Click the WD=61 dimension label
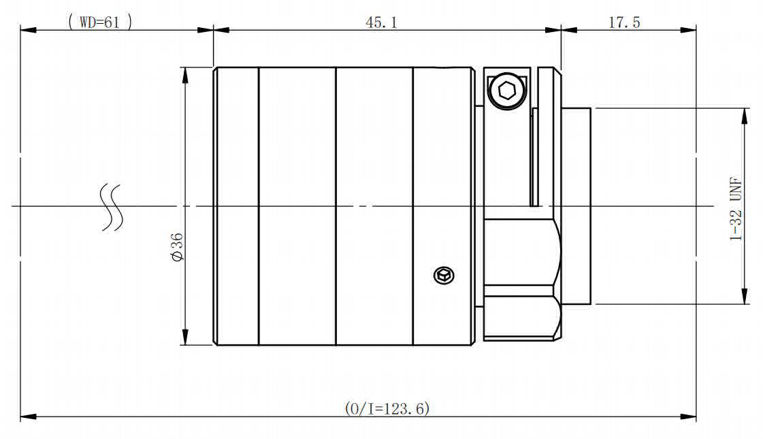(x=100, y=22)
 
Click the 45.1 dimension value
(x=381, y=22)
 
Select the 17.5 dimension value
(x=624, y=22)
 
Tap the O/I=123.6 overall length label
(x=387, y=408)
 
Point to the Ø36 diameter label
(x=178, y=247)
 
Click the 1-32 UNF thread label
(x=736, y=209)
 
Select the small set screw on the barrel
(x=444, y=276)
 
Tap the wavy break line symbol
(x=112, y=207)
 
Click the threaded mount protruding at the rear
(x=577, y=206)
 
